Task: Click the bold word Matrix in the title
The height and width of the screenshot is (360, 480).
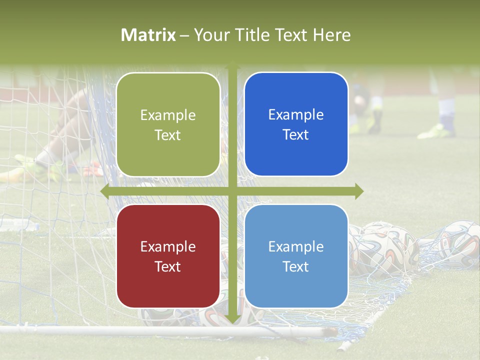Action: pos(148,35)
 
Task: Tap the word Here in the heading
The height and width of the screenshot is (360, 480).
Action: pos(332,35)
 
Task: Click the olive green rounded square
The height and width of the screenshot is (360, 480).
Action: pos(168,124)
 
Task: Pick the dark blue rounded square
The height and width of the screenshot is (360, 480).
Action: pos(296,124)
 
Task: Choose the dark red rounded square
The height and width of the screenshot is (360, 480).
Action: pos(168,256)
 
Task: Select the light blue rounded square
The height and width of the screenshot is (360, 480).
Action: pos(296,256)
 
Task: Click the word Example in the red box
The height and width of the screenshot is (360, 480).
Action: pos(168,246)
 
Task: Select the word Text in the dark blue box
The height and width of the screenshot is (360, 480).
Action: pos(296,135)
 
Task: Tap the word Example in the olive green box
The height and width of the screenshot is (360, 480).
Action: pos(168,115)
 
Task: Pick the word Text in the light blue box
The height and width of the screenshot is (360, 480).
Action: pos(296,266)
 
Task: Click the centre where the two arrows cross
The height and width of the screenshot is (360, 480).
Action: pos(232,191)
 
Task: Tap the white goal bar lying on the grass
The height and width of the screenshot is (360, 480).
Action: pos(165,330)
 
